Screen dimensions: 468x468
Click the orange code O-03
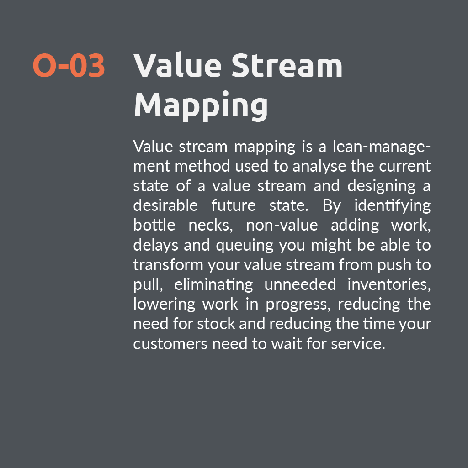69,65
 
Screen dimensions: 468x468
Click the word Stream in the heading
287,65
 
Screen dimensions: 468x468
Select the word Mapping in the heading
201,105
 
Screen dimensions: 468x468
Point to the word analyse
319,166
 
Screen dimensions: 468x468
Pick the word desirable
165,205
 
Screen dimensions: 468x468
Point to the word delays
155,245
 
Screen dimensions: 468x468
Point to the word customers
170,343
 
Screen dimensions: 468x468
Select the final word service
359,343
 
